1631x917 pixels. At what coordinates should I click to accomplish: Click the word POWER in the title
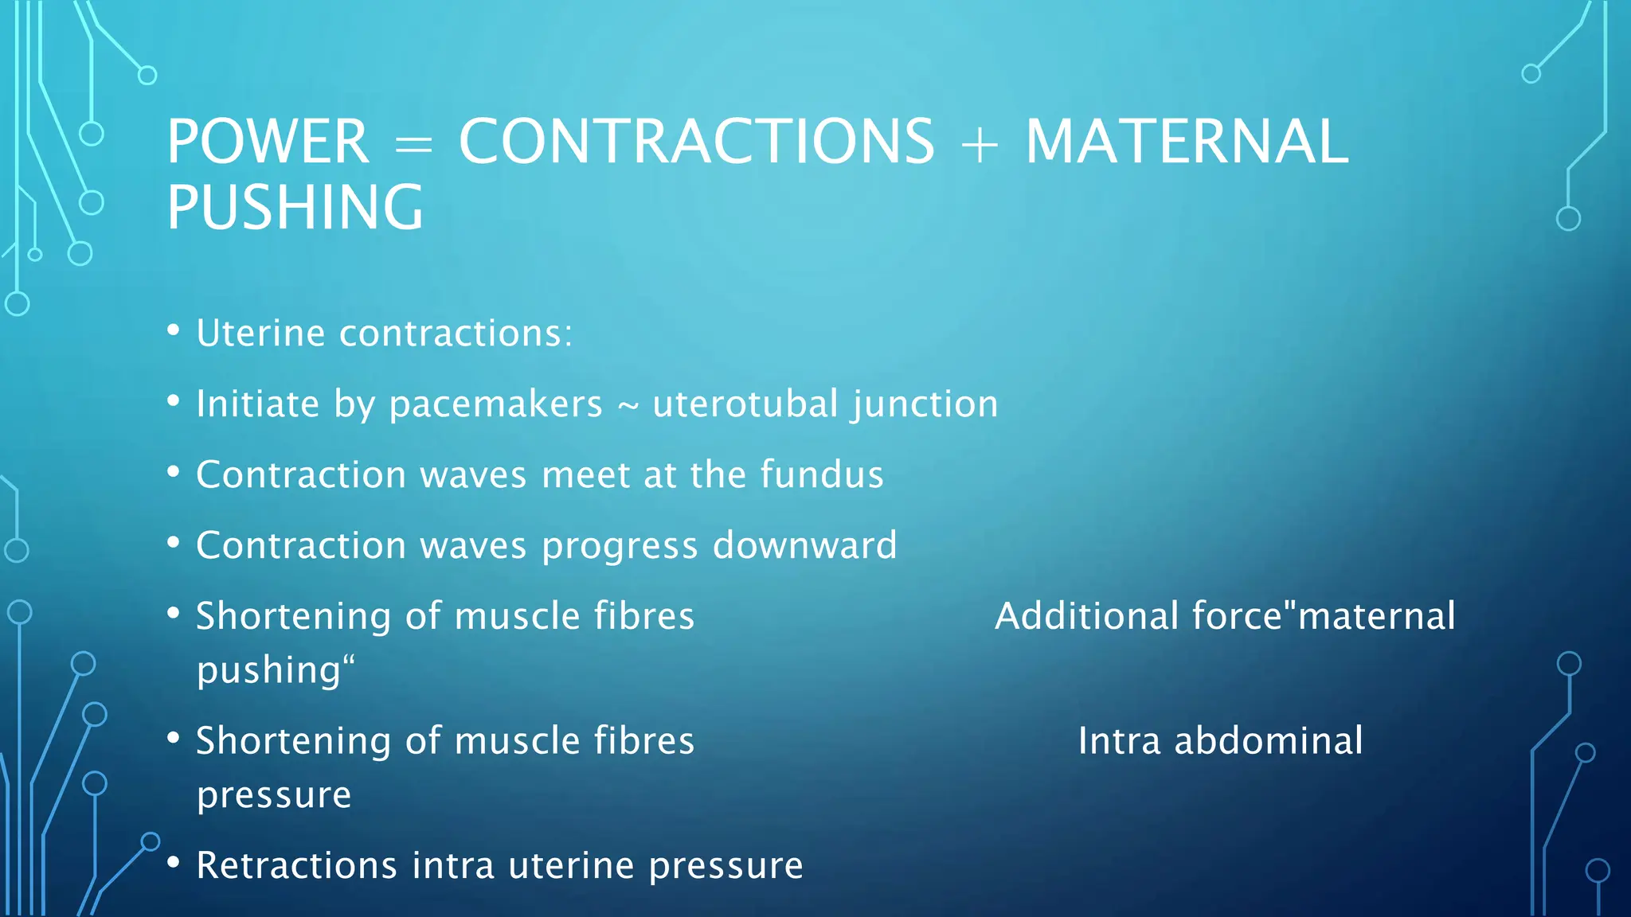(268, 142)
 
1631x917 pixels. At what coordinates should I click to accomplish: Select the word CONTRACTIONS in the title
(696, 142)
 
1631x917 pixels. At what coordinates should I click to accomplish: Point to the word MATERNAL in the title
(1187, 142)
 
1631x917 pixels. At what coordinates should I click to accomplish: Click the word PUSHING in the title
(295, 207)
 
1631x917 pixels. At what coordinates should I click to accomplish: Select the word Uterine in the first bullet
(260, 333)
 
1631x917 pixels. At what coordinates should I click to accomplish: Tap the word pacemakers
(495, 404)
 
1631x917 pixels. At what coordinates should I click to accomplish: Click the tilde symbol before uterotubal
(628, 407)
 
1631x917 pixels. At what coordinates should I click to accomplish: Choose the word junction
(925, 404)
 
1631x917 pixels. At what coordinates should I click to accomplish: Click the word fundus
(821, 474)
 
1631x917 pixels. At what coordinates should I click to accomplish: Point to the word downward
(804, 545)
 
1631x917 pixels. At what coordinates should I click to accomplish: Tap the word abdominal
(1268, 741)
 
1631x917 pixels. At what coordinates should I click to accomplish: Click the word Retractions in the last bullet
(296, 865)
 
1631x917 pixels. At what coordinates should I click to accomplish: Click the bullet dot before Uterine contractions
(174, 331)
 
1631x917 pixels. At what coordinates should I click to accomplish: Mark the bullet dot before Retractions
(174, 863)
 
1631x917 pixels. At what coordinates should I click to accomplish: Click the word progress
(620, 547)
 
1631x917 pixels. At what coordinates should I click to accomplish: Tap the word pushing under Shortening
(269, 670)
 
